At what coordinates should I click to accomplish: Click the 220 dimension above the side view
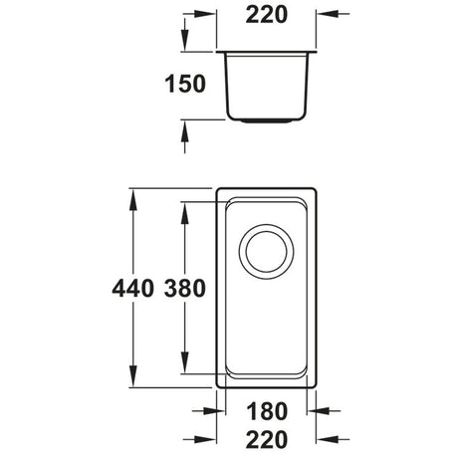coord(264,16)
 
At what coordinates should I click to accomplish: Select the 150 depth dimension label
coord(185,84)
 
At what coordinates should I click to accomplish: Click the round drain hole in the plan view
coord(264,255)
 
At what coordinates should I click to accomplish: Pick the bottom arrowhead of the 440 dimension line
coord(133,380)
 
